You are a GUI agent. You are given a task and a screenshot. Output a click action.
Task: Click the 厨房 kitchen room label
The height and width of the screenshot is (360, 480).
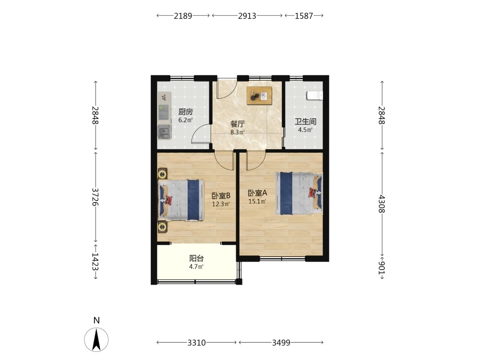pos(185,112)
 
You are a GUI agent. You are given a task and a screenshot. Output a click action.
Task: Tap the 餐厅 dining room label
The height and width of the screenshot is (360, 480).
pos(238,124)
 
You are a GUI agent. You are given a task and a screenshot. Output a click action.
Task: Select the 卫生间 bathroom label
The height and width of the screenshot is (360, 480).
pos(305,121)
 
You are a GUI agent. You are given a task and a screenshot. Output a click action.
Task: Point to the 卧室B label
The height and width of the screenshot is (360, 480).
pos(221,196)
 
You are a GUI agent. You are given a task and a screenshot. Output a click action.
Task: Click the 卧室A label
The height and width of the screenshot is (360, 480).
pos(257,193)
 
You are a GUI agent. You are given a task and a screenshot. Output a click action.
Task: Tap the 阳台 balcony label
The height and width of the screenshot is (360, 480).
pos(196,258)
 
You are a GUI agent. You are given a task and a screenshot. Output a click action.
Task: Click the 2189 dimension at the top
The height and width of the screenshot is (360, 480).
pos(183,16)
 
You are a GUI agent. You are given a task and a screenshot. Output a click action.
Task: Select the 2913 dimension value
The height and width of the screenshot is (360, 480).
pos(247,16)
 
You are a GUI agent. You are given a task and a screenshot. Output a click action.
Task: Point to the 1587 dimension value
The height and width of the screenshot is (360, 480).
pos(304,16)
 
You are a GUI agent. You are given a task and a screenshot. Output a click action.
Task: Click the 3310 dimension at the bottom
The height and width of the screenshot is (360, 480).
pos(196,343)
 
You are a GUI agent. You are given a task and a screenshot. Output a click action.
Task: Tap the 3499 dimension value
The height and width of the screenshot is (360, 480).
pos(281,343)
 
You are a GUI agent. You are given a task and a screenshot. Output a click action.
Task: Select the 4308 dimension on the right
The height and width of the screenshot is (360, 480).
pos(382,204)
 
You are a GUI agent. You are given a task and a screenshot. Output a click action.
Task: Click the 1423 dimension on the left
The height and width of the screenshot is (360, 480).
pos(96,261)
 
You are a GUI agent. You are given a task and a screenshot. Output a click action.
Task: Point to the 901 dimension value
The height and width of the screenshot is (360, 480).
pos(382,268)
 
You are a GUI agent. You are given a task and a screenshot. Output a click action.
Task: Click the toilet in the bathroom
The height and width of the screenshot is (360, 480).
pos(315,96)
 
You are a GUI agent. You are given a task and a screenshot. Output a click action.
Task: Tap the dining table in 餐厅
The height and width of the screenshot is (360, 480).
pos(260,96)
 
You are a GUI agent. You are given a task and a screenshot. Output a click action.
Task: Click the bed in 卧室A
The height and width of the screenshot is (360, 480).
pos(299,193)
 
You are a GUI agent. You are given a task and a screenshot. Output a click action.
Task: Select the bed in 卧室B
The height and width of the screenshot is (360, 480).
pos(181,200)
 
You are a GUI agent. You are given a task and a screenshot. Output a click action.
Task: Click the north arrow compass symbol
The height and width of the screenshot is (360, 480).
pos(96,339)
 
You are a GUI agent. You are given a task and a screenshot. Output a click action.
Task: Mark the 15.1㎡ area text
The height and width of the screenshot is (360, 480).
pos(257,202)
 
